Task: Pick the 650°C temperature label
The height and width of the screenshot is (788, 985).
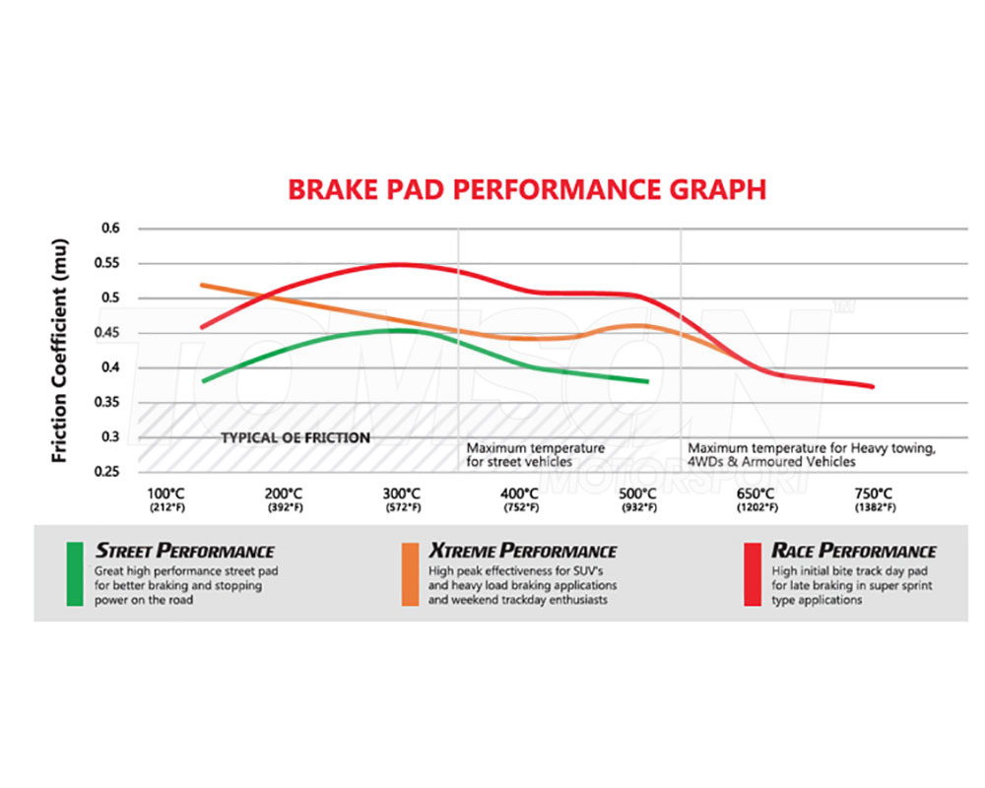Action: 756,492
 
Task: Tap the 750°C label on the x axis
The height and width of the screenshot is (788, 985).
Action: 874,492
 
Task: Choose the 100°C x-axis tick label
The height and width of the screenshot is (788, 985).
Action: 165,492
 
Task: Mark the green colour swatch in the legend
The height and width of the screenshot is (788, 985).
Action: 74,573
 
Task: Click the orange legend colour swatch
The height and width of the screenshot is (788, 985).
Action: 411,573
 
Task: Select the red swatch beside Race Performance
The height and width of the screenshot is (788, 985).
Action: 753,573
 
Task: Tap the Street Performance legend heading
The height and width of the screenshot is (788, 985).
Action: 184,551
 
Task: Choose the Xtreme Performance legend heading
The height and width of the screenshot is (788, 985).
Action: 523,551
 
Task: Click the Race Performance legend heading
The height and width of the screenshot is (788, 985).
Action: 854,551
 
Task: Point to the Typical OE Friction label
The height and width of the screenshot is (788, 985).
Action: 295,437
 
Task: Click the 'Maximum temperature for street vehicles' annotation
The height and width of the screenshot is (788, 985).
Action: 535,454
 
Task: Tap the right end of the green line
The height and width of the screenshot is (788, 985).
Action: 647,381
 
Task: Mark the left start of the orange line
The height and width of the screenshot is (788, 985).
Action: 202,285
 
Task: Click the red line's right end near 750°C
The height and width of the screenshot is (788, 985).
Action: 872,386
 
